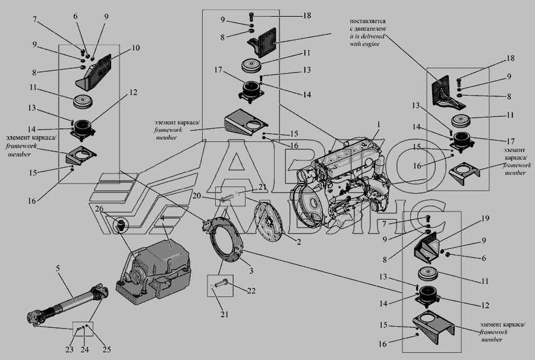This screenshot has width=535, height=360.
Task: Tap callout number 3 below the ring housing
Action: pyautogui.click(x=252, y=270)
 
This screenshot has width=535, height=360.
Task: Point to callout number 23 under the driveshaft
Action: pyautogui.click(x=70, y=349)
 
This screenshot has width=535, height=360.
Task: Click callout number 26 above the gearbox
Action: pyautogui.click(x=99, y=209)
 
